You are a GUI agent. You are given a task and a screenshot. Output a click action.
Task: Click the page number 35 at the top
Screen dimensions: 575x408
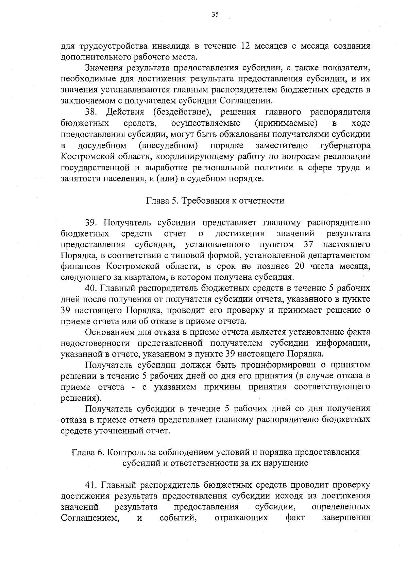pos(215,14)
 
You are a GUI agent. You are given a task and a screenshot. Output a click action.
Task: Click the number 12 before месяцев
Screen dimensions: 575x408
pos(245,46)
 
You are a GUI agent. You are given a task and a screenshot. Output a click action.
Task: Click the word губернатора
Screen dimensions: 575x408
pos(345,145)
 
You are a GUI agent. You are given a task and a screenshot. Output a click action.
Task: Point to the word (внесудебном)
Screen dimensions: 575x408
pos(168,145)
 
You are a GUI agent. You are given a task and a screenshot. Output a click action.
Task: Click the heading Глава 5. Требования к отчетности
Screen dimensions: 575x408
pos(215,201)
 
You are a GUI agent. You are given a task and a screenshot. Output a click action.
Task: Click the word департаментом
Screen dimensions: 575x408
pos(342,255)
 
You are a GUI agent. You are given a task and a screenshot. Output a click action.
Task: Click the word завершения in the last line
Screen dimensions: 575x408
pos(346,518)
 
